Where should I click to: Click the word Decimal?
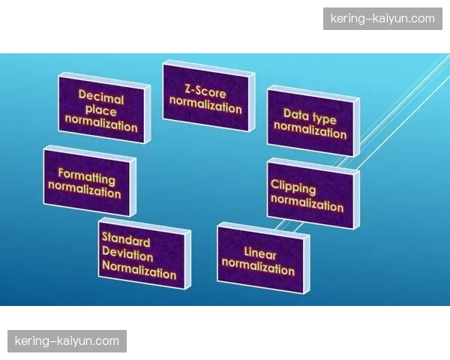[x=101, y=97]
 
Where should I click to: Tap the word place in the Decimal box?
[x=101, y=111]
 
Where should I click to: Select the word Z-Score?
[x=205, y=91]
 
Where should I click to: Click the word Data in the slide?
[x=296, y=114]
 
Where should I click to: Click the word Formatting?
[x=87, y=176]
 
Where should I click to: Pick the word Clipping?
[x=293, y=187]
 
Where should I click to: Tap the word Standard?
[x=126, y=239]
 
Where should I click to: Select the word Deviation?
[x=127, y=254]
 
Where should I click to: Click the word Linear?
[x=260, y=253]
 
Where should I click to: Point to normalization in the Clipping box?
[x=307, y=202]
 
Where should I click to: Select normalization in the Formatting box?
[x=85, y=190]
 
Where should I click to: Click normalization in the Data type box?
[x=310, y=130]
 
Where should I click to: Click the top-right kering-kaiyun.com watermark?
[x=382, y=19]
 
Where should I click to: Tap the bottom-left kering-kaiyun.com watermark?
[x=67, y=341]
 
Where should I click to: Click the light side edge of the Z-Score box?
[x=252, y=102]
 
